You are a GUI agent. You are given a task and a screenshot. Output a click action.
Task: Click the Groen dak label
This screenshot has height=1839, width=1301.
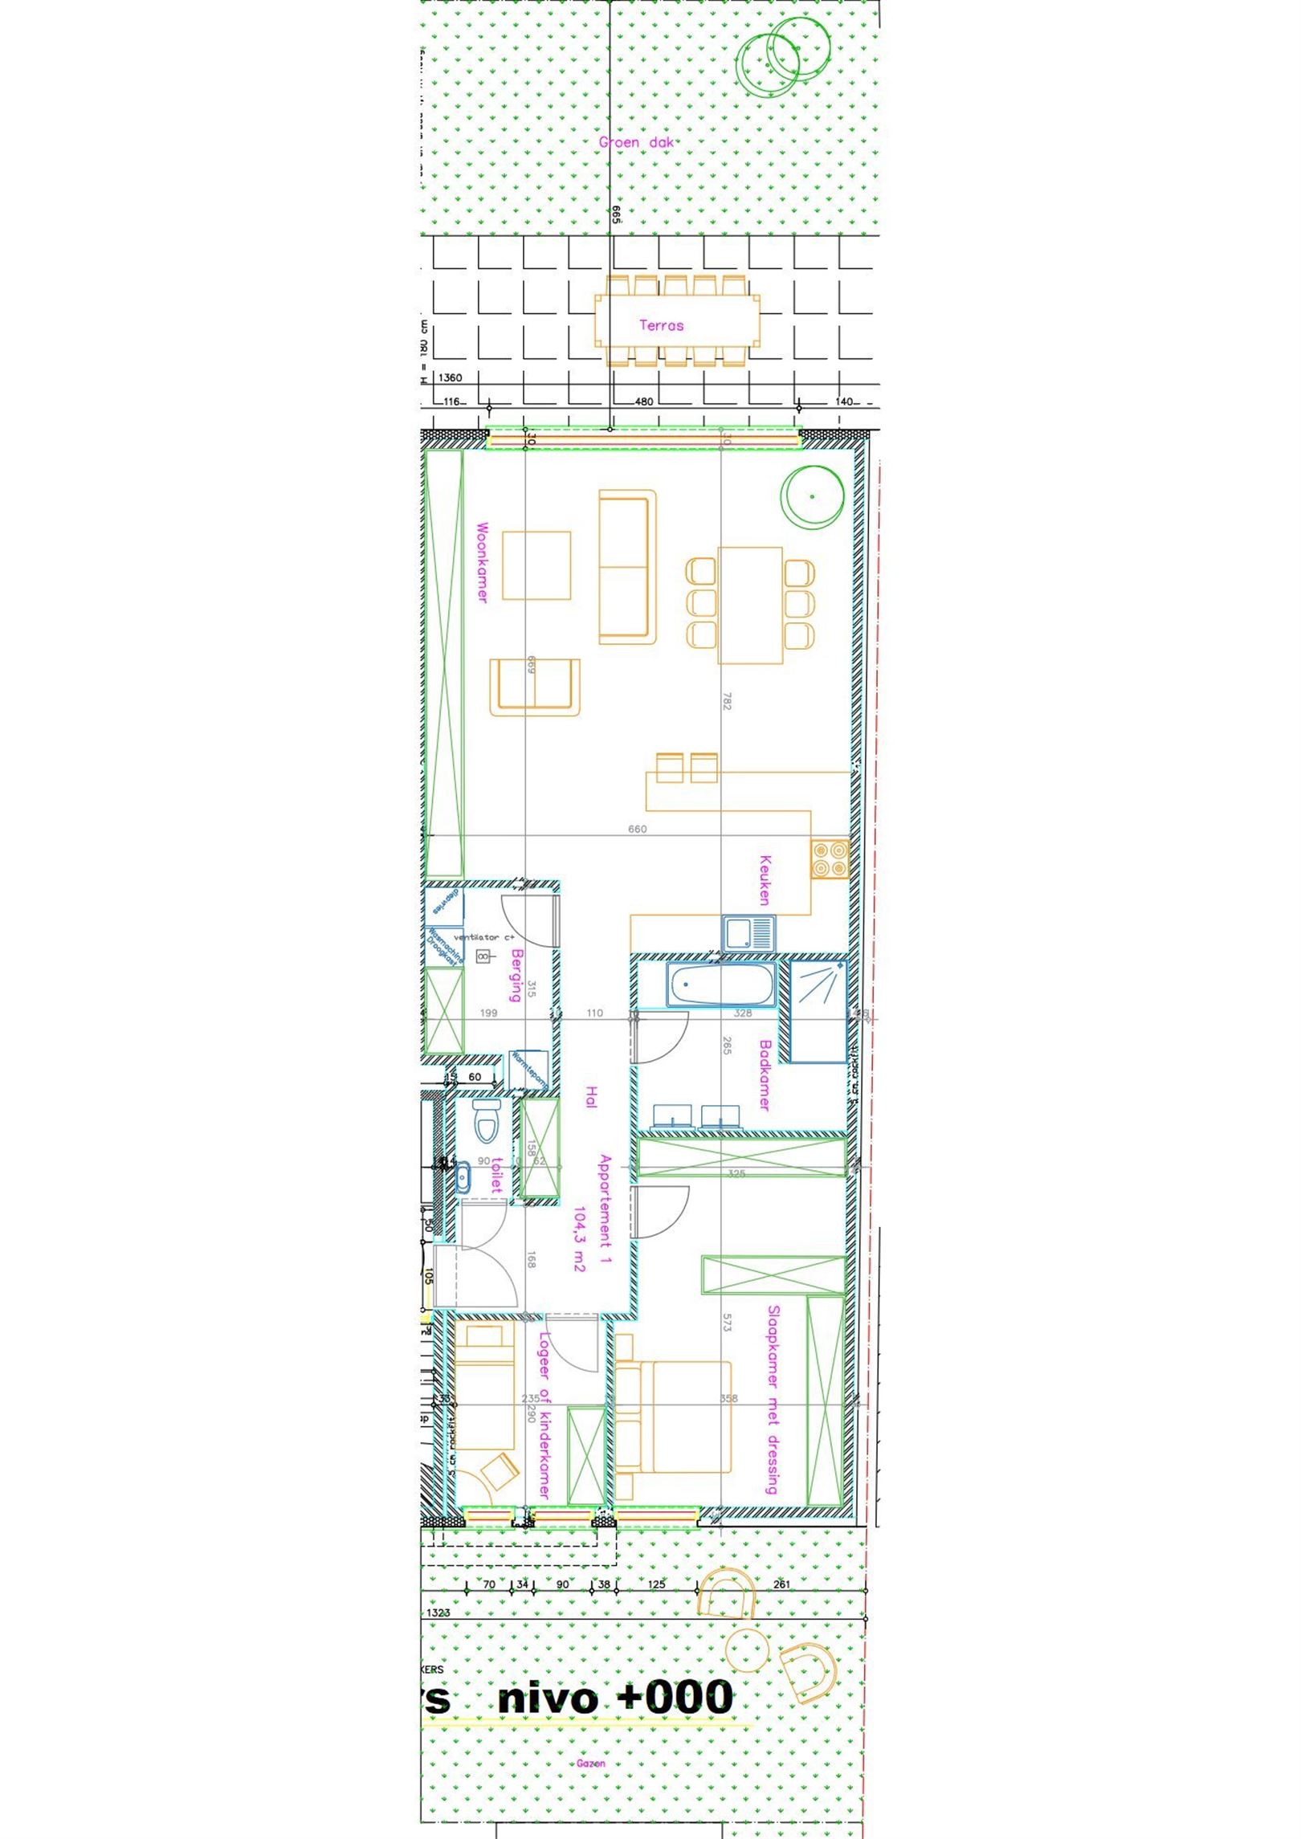[x=636, y=143]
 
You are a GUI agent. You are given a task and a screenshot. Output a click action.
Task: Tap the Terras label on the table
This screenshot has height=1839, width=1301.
[x=661, y=325]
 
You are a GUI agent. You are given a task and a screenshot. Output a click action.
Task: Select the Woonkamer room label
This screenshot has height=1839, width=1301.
[x=482, y=562]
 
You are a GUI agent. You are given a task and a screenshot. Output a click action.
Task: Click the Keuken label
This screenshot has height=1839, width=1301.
[x=765, y=880]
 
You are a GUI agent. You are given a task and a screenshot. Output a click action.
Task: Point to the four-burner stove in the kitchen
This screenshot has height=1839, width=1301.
[x=830, y=858]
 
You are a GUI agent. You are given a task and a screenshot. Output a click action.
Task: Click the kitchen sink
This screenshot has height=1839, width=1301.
[x=748, y=934]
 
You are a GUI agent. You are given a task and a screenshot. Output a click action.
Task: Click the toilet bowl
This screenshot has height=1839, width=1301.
[x=486, y=1121]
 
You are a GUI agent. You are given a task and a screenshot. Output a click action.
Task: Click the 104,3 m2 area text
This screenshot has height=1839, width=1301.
[x=580, y=1239]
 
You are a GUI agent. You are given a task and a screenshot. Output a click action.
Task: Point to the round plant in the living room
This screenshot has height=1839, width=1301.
[x=813, y=497]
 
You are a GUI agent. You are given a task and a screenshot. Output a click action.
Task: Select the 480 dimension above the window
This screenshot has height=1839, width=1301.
[x=644, y=402]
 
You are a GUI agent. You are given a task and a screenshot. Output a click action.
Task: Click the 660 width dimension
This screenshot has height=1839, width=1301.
[x=637, y=829]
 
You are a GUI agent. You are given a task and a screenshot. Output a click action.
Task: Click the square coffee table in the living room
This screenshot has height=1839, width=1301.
[x=536, y=565]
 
